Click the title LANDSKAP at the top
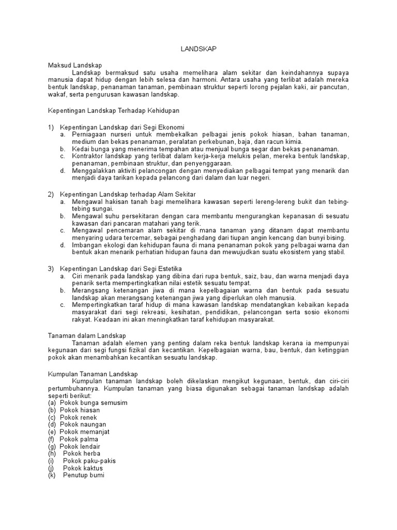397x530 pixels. [x=198, y=48]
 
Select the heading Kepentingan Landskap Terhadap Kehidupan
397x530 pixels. [x=113, y=110]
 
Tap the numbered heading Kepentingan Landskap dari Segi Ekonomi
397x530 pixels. [x=122, y=127]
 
